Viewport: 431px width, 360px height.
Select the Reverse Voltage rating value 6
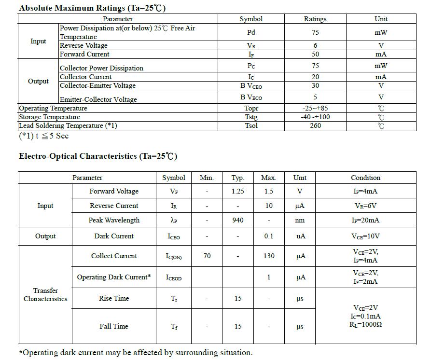[315, 45]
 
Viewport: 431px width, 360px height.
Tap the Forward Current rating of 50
[315, 54]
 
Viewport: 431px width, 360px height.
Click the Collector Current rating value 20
[315, 77]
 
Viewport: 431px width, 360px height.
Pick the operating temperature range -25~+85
[315, 108]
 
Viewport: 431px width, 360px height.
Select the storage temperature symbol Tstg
[251, 117]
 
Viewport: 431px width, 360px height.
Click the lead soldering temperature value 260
[315, 125]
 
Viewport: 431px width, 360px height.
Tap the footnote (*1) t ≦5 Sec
[44, 136]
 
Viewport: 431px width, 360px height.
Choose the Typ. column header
[238, 178]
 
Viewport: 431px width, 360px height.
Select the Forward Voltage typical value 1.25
[238, 191]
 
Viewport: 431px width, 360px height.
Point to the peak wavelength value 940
[238, 220]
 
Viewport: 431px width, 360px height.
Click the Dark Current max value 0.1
[269, 236]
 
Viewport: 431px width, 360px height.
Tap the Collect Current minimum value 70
[207, 256]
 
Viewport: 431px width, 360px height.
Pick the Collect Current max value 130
[269, 256]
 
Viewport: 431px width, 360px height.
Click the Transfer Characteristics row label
[45, 294]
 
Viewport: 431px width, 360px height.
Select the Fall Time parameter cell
[114, 326]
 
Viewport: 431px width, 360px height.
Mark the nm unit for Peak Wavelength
[300, 220]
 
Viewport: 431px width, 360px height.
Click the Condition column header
[365, 178]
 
